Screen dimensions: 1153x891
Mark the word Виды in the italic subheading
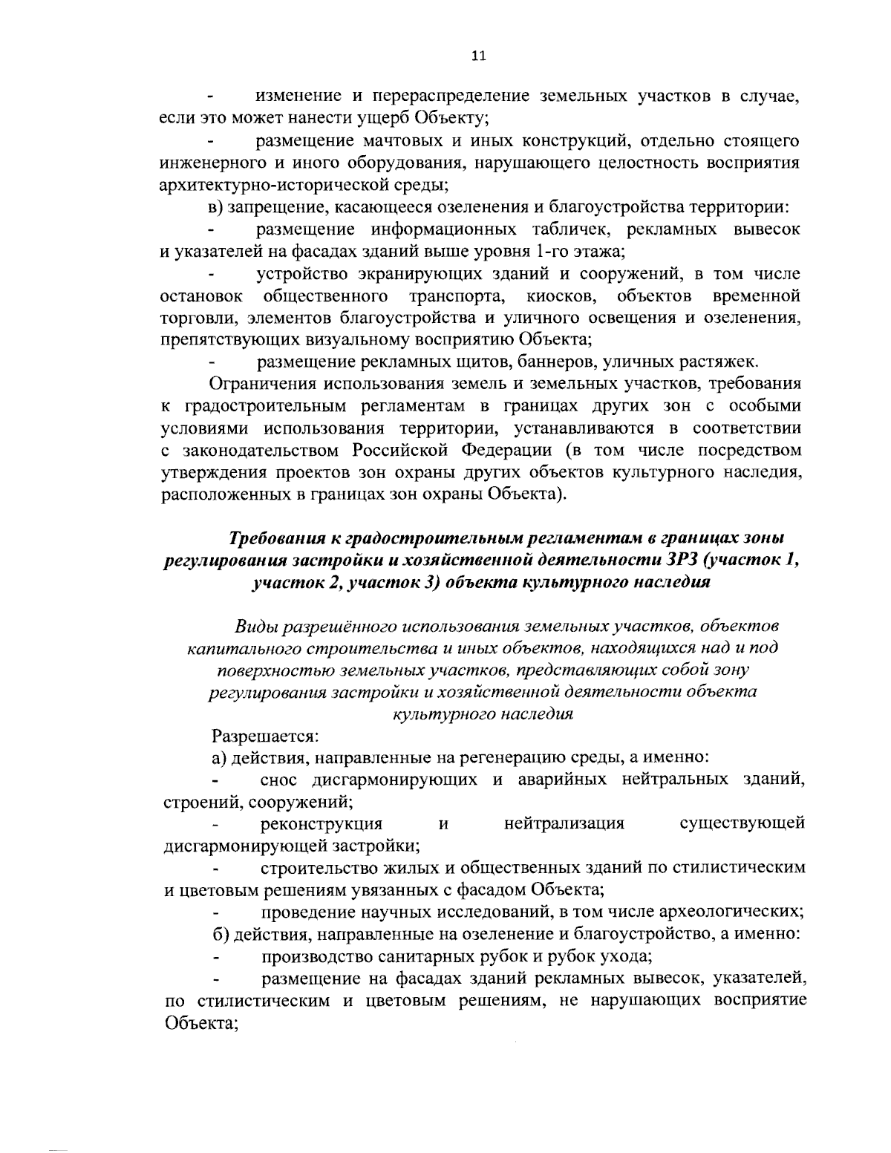tap(254, 625)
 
